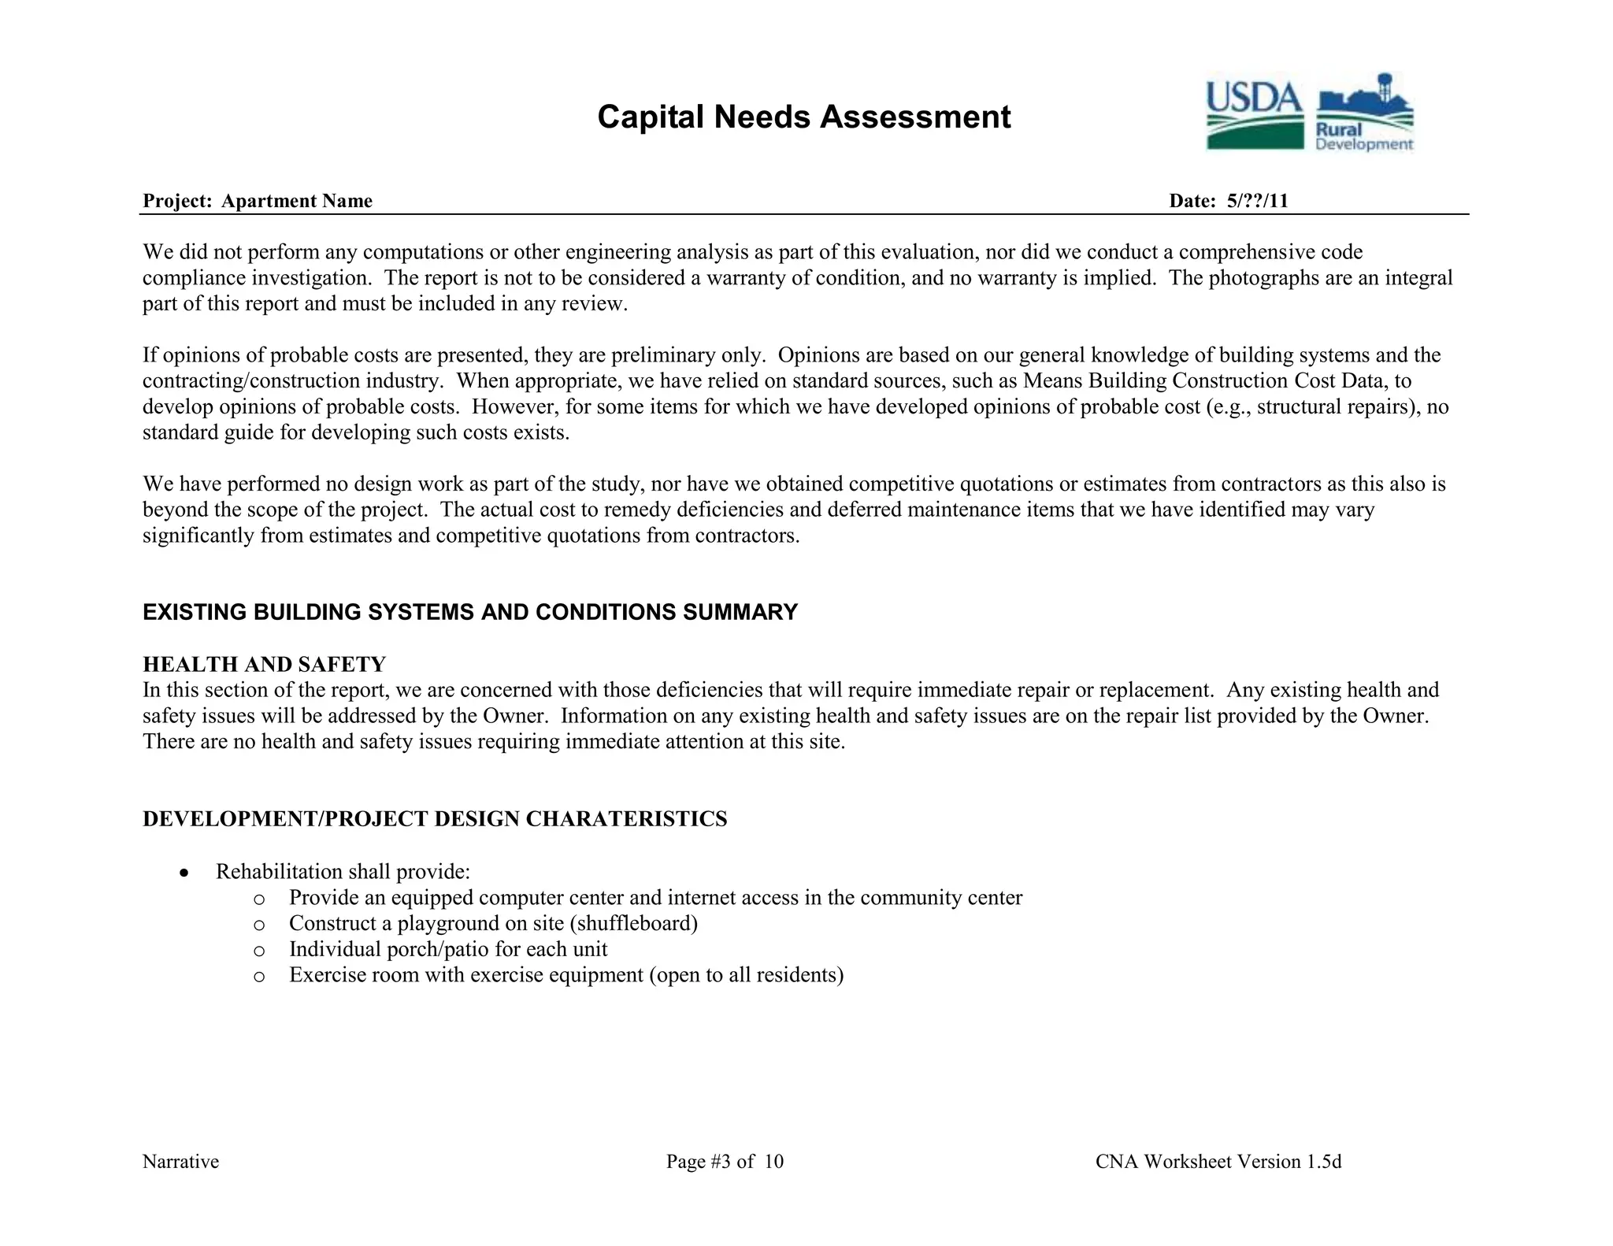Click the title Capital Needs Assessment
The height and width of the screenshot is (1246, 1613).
tap(803, 117)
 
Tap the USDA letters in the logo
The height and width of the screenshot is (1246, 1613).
tap(1254, 98)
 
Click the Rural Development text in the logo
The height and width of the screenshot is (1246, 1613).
tap(1363, 137)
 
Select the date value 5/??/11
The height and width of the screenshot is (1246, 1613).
tap(1257, 201)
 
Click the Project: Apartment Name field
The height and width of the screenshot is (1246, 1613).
tap(258, 201)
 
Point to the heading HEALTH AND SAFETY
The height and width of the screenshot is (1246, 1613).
tap(264, 664)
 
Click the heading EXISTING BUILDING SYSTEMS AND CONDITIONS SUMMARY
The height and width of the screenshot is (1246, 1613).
tap(470, 612)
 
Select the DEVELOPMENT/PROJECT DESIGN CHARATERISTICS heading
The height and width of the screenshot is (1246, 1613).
tap(435, 819)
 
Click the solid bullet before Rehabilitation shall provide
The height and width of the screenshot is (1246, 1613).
tap(184, 873)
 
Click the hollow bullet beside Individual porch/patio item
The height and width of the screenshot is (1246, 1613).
tap(259, 951)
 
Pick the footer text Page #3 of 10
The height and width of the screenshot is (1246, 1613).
tap(725, 1162)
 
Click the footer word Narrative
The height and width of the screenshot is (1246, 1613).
tap(180, 1162)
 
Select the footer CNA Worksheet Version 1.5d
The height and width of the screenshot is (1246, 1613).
tap(1218, 1162)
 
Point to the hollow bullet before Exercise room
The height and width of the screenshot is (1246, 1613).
tap(259, 977)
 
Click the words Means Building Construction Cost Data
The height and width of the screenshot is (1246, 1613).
tap(1204, 380)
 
